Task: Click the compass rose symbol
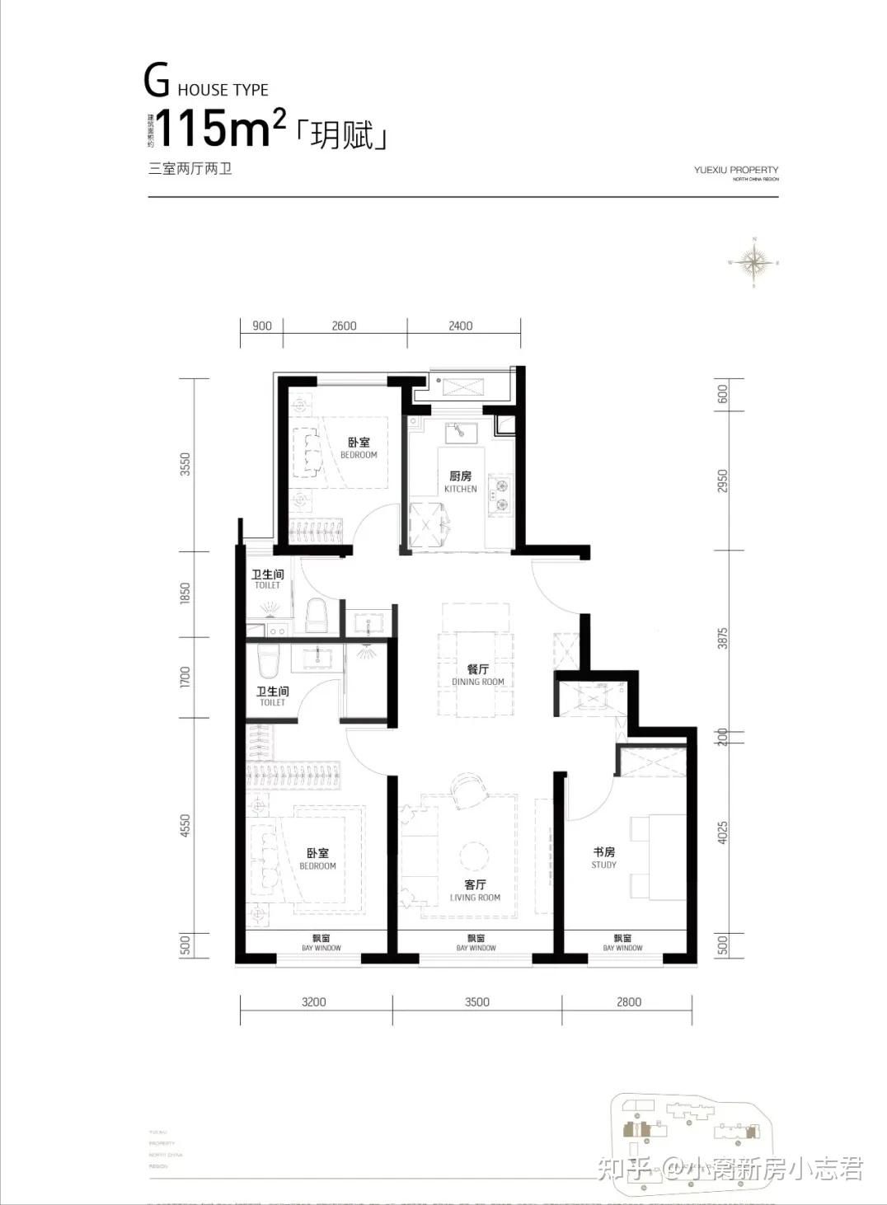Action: click(753, 263)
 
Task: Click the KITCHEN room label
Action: click(460, 482)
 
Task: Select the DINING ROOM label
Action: click(477, 675)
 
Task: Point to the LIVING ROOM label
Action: click(475, 890)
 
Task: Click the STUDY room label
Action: click(603, 857)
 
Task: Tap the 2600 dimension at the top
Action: click(344, 326)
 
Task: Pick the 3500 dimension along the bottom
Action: click(476, 1002)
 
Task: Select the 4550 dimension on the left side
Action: click(185, 826)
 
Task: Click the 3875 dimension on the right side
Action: click(722, 640)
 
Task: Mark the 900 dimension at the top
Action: click(261, 326)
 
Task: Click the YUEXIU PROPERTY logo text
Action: click(735, 171)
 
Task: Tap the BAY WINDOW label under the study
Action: click(622, 943)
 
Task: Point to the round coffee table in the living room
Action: click(474, 855)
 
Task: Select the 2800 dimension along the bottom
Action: click(628, 1002)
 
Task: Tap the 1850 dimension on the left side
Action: click(185, 593)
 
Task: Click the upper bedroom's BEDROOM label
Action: click(359, 448)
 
